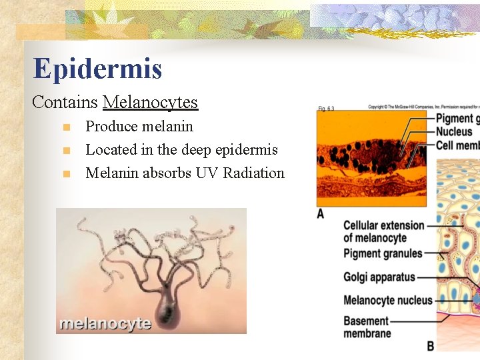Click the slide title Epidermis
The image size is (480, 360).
click(x=97, y=69)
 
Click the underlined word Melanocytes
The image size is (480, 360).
click(x=151, y=102)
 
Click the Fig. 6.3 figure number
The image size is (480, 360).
click(x=326, y=109)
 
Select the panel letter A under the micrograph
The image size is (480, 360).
click(x=321, y=213)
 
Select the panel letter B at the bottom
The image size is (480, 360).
click(x=430, y=346)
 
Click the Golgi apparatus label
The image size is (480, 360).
click(x=379, y=277)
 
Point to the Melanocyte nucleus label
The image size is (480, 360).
click(x=388, y=301)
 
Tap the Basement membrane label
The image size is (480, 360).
click(x=366, y=327)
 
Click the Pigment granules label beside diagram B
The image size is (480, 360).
click(x=383, y=253)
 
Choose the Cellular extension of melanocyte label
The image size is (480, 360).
click(x=383, y=231)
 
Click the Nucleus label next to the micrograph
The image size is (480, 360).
click(x=454, y=132)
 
